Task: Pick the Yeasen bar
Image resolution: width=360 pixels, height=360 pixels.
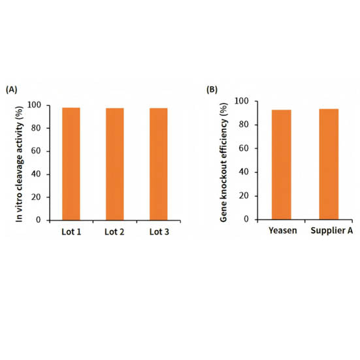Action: click(x=282, y=164)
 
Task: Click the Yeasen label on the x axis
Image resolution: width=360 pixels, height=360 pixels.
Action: click(x=282, y=232)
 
